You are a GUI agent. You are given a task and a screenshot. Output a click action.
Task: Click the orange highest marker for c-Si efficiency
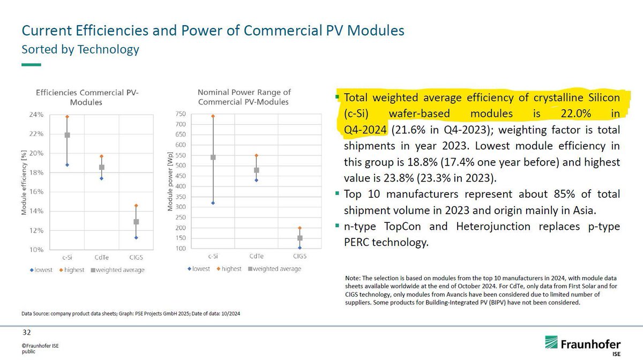tap(67, 116)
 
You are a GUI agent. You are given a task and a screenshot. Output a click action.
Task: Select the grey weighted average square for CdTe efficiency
tap(101, 167)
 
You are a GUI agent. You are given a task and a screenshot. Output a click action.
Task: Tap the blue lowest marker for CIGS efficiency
tap(136, 238)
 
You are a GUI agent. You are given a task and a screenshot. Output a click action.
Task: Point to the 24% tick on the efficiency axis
tap(36, 115)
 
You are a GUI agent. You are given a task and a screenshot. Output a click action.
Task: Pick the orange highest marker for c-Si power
tap(213, 116)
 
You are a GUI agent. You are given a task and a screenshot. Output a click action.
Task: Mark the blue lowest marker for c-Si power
tap(213, 203)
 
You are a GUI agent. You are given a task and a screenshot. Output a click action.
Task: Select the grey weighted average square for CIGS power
tap(300, 238)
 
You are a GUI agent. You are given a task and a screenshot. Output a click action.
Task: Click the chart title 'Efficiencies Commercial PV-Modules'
tap(87, 97)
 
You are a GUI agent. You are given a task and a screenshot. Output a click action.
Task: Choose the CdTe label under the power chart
tap(257, 257)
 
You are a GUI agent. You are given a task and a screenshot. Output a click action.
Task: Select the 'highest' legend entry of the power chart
tap(230, 268)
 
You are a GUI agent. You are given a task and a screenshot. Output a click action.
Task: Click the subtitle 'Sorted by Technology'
tap(80, 49)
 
